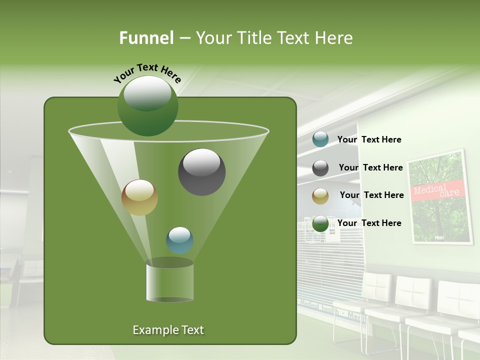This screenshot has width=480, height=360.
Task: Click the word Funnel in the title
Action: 146,38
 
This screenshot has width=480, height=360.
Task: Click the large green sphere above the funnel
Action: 147,106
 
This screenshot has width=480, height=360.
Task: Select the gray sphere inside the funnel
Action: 201,172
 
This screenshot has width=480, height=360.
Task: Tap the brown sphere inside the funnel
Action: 140,197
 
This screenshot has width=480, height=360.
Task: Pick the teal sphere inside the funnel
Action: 179,240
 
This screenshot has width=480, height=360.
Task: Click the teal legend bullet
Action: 320,139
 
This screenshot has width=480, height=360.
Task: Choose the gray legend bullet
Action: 320,168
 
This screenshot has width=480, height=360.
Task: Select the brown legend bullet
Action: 320,195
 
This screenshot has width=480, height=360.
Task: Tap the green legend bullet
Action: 320,223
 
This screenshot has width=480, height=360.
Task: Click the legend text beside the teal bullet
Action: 369,139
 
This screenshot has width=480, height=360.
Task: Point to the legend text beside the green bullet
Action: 369,223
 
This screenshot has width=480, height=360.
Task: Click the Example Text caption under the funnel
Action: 168,330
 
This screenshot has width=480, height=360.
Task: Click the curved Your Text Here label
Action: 147,73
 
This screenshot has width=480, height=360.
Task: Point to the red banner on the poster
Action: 438,190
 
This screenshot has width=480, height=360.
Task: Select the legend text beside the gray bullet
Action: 371,167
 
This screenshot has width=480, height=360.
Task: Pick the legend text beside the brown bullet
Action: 372,195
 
